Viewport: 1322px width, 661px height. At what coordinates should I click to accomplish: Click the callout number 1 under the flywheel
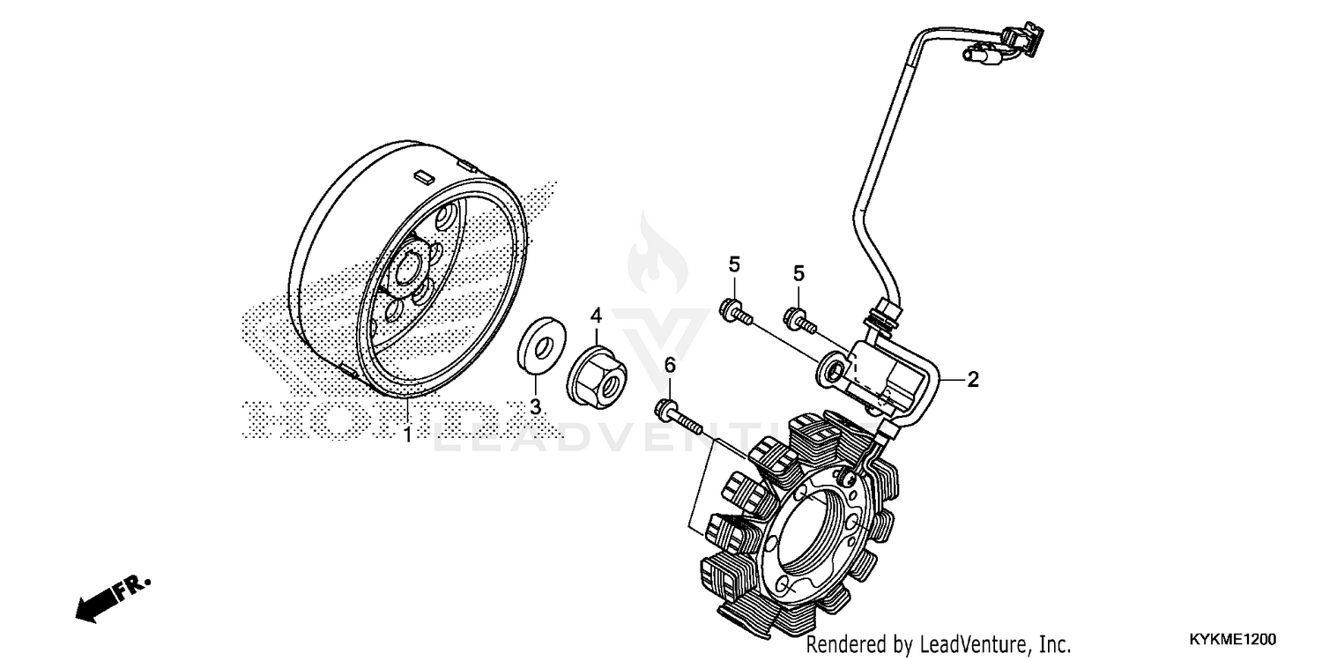pyautogui.click(x=407, y=435)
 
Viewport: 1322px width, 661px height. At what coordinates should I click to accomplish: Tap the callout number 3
pyautogui.click(x=534, y=406)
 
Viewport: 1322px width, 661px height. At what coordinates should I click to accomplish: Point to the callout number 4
pyautogui.click(x=596, y=315)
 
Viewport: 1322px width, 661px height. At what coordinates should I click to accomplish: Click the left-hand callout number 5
pyautogui.click(x=733, y=264)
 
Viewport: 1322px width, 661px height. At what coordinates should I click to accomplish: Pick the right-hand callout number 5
pyautogui.click(x=798, y=273)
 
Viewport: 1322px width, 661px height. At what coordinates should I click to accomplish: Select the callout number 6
pyautogui.click(x=669, y=364)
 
